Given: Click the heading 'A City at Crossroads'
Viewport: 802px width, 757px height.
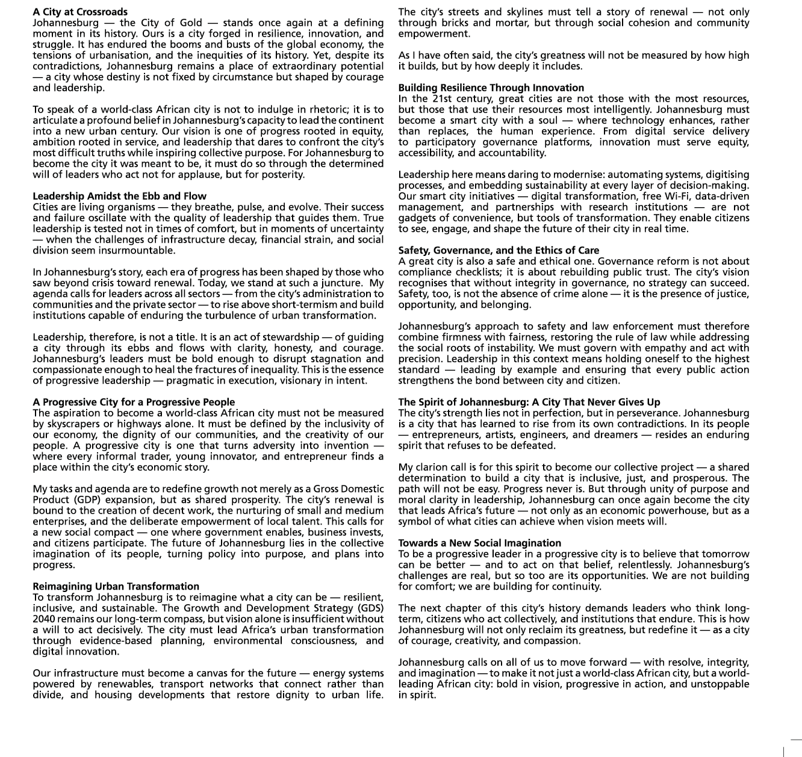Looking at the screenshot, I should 80,12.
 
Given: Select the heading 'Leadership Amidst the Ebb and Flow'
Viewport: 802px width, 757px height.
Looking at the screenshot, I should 119,196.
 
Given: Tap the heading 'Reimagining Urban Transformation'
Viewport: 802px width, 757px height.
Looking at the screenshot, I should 116,587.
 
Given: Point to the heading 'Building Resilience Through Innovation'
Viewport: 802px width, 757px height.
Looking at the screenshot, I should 491,88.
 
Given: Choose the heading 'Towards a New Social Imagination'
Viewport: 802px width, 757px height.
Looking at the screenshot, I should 479,543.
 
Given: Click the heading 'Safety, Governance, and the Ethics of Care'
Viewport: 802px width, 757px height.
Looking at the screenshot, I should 499,251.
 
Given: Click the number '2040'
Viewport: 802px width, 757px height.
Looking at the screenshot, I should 44,619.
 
